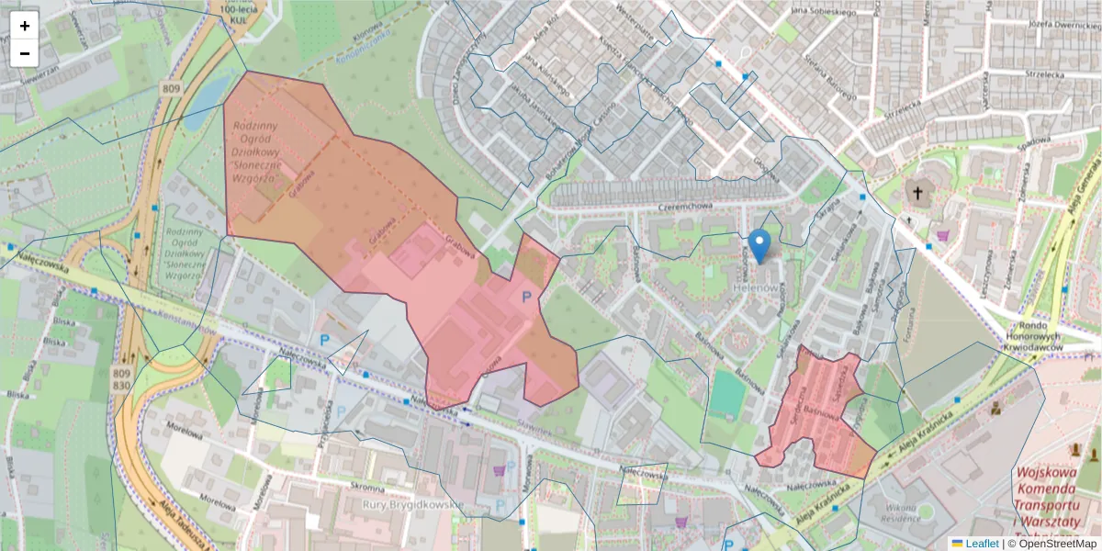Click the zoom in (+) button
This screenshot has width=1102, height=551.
25,26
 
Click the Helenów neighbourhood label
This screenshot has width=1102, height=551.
757,288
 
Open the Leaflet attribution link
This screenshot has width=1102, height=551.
981,544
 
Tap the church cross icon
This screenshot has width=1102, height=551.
916,193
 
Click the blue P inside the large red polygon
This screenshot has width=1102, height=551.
526,297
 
